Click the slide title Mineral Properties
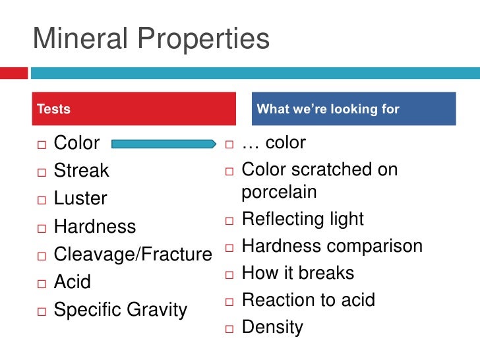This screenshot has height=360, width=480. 151,40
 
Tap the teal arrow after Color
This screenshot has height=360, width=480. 163,143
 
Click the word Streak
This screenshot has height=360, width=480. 81,171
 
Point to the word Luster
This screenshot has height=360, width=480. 80,198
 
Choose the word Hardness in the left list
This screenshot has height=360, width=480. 94,227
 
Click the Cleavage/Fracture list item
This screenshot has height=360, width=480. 133,255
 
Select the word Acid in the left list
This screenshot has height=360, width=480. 72,282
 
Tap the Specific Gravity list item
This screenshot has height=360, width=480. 120,310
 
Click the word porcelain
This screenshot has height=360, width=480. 279,192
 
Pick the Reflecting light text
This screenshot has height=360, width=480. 303,219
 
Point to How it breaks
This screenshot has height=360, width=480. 297,273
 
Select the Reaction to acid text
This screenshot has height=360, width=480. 308,300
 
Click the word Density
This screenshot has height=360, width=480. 272,327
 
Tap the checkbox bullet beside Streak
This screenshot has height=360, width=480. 42,171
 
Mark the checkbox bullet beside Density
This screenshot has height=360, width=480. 230,328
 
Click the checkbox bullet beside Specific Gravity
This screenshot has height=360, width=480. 42,311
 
